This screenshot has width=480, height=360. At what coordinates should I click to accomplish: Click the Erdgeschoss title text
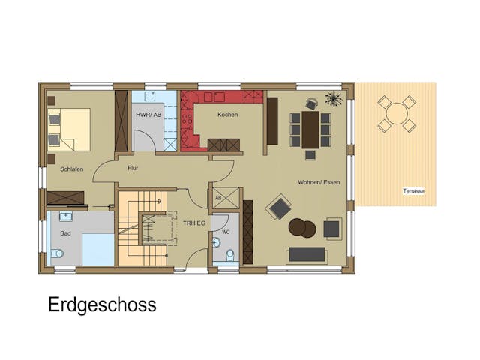(x=102, y=304)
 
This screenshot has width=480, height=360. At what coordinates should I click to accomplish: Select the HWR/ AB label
(x=148, y=115)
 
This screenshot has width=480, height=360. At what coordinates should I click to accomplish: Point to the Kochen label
(x=227, y=115)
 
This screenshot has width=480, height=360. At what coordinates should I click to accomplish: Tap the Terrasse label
(x=413, y=191)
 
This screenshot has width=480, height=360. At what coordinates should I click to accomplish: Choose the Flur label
(x=133, y=169)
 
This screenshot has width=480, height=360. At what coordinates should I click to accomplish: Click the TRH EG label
(x=194, y=223)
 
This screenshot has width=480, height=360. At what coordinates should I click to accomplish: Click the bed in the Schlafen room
(x=69, y=129)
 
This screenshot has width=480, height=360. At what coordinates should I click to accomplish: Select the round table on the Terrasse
(x=397, y=114)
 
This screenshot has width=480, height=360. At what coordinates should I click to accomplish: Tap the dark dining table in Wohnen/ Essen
(x=310, y=130)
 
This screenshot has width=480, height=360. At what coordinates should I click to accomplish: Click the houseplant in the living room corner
(x=334, y=99)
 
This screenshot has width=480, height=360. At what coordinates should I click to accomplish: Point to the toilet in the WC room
(x=230, y=255)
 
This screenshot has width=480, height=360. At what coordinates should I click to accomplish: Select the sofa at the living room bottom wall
(x=307, y=254)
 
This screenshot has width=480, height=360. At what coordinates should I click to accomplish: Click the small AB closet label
(x=218, y=198)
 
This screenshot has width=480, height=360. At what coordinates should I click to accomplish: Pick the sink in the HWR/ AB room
(x=148, y=97)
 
